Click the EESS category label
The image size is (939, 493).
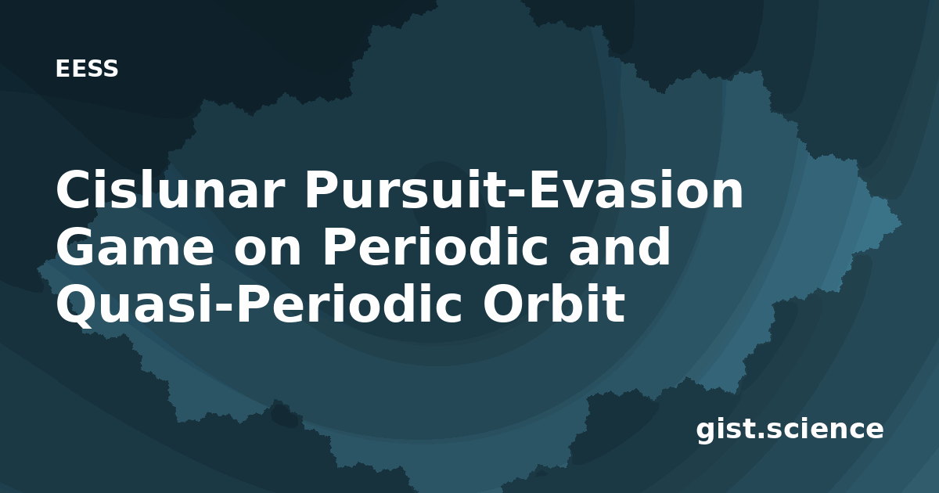tap(87, 69)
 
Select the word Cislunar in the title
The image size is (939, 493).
tap(168, 189)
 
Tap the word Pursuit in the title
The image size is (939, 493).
tap(401, 189)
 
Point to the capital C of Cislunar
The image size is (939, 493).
tap(74, 189)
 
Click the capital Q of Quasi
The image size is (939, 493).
tap(77, 306)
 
